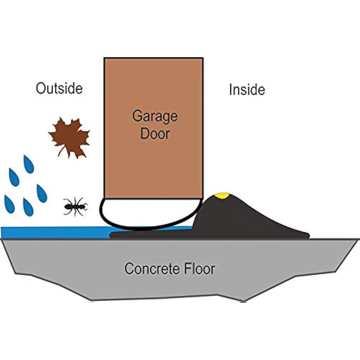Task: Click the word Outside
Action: (59, 88)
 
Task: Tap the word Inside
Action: (247, 90)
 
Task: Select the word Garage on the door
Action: (155, 116)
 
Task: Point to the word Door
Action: (155, 134)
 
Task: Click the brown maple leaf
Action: (69, 137)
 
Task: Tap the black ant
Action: (75, 207)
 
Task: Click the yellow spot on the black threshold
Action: (221, 196)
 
